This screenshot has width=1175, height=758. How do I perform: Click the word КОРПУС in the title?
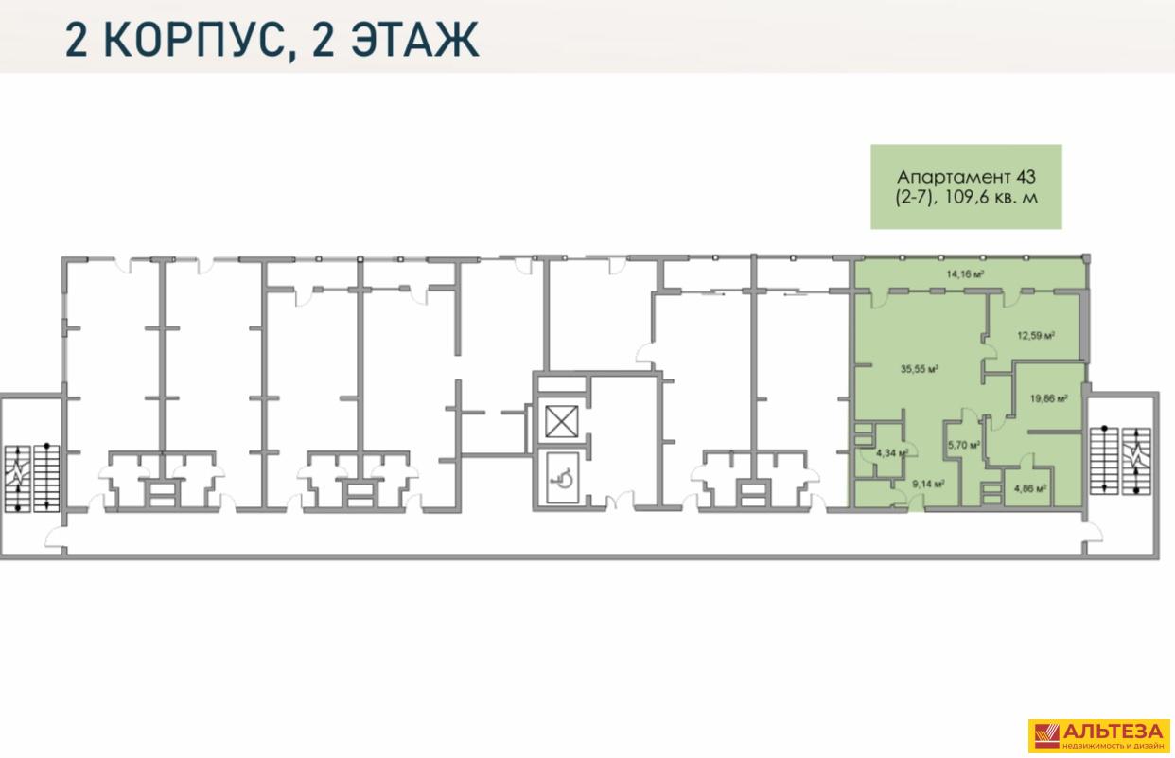pos(199,40)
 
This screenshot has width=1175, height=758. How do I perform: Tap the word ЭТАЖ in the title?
pos(414,40)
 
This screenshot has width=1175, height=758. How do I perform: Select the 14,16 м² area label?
pos(965,273)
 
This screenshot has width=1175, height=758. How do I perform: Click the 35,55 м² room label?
pos(919,369)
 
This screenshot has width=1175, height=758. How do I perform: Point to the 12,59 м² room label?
pos(1036,336)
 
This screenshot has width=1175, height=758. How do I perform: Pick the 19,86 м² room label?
pos(1048,398)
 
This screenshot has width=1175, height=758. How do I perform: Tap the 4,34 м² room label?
pos(892,453)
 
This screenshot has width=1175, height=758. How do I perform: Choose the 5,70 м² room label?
pos(964,446)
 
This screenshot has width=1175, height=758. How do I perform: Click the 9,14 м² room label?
pos(928,485)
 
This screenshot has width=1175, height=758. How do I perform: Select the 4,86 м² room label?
pos(1030,489)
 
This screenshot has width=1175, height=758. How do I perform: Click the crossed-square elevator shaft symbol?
pos(561,422)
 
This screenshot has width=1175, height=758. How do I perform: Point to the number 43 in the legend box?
pos(1026,177)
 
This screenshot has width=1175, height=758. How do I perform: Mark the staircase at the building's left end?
pos(32,479)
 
